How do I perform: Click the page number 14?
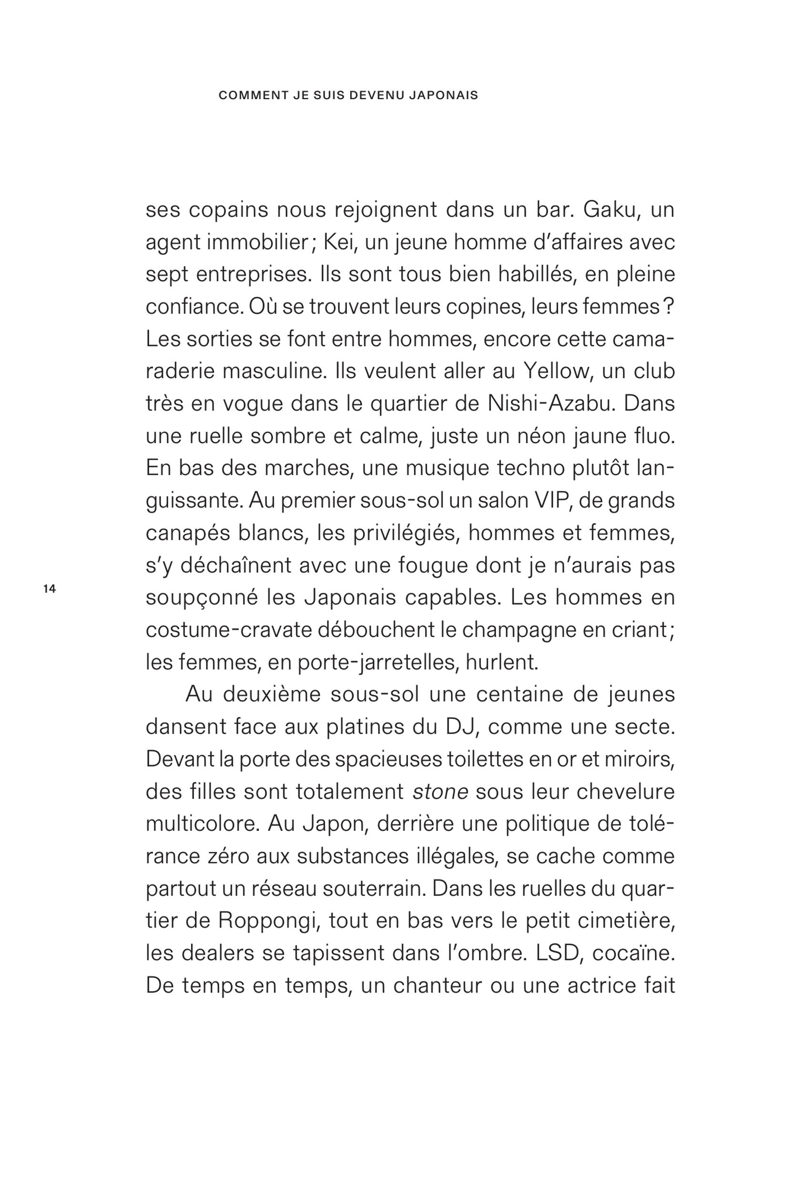pyautogui.click(x=50, y=589)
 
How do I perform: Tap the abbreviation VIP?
pyautogui.click(x=552, y=501)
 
